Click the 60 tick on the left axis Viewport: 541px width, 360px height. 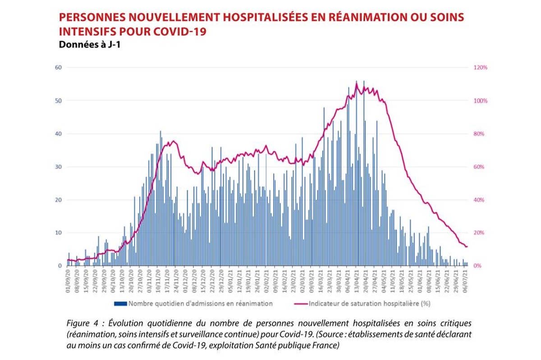coord(58,68)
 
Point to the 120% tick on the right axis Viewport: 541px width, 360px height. coord(481,68)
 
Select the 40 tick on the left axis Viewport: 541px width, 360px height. coord(58,134)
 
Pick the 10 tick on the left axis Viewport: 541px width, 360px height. coord(58,233)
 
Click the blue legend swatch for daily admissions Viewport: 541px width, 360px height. coord(120,304)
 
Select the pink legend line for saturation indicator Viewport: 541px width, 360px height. coord(298,304)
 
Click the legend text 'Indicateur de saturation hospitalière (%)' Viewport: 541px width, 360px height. coord(370,304)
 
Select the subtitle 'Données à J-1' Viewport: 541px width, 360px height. coord(86,45)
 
